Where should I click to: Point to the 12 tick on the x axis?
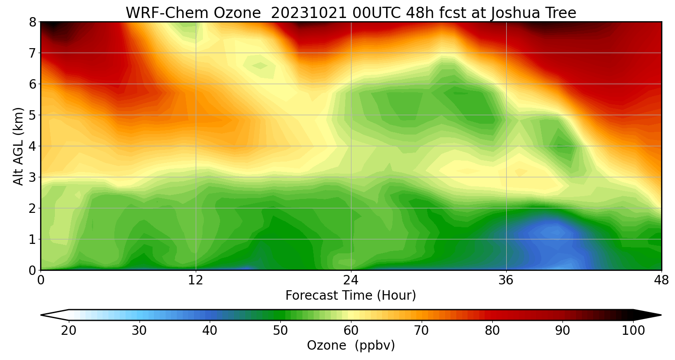click(x=196, y=280)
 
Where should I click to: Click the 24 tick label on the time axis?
click(x=351, y=280)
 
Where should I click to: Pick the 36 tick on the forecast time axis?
click(x=506, y=280)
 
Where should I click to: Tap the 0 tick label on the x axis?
click(x=40, y=280)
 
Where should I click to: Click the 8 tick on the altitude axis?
click(x=32, y=22)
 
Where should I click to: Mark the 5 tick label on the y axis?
click(x=32, y=115)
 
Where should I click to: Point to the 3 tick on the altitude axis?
click(x=32, y=177)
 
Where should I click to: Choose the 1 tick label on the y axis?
click(x=32, y=239)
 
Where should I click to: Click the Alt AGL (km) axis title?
click(x=18, y=146)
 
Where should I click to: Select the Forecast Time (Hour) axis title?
click(x=351, y=296)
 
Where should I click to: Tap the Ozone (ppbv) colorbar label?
click(x=351, y=346)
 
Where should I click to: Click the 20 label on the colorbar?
click(x=68, y=331)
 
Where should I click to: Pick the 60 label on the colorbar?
click(x=351, y=331)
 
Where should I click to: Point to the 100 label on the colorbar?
click(x=633, y=331)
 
